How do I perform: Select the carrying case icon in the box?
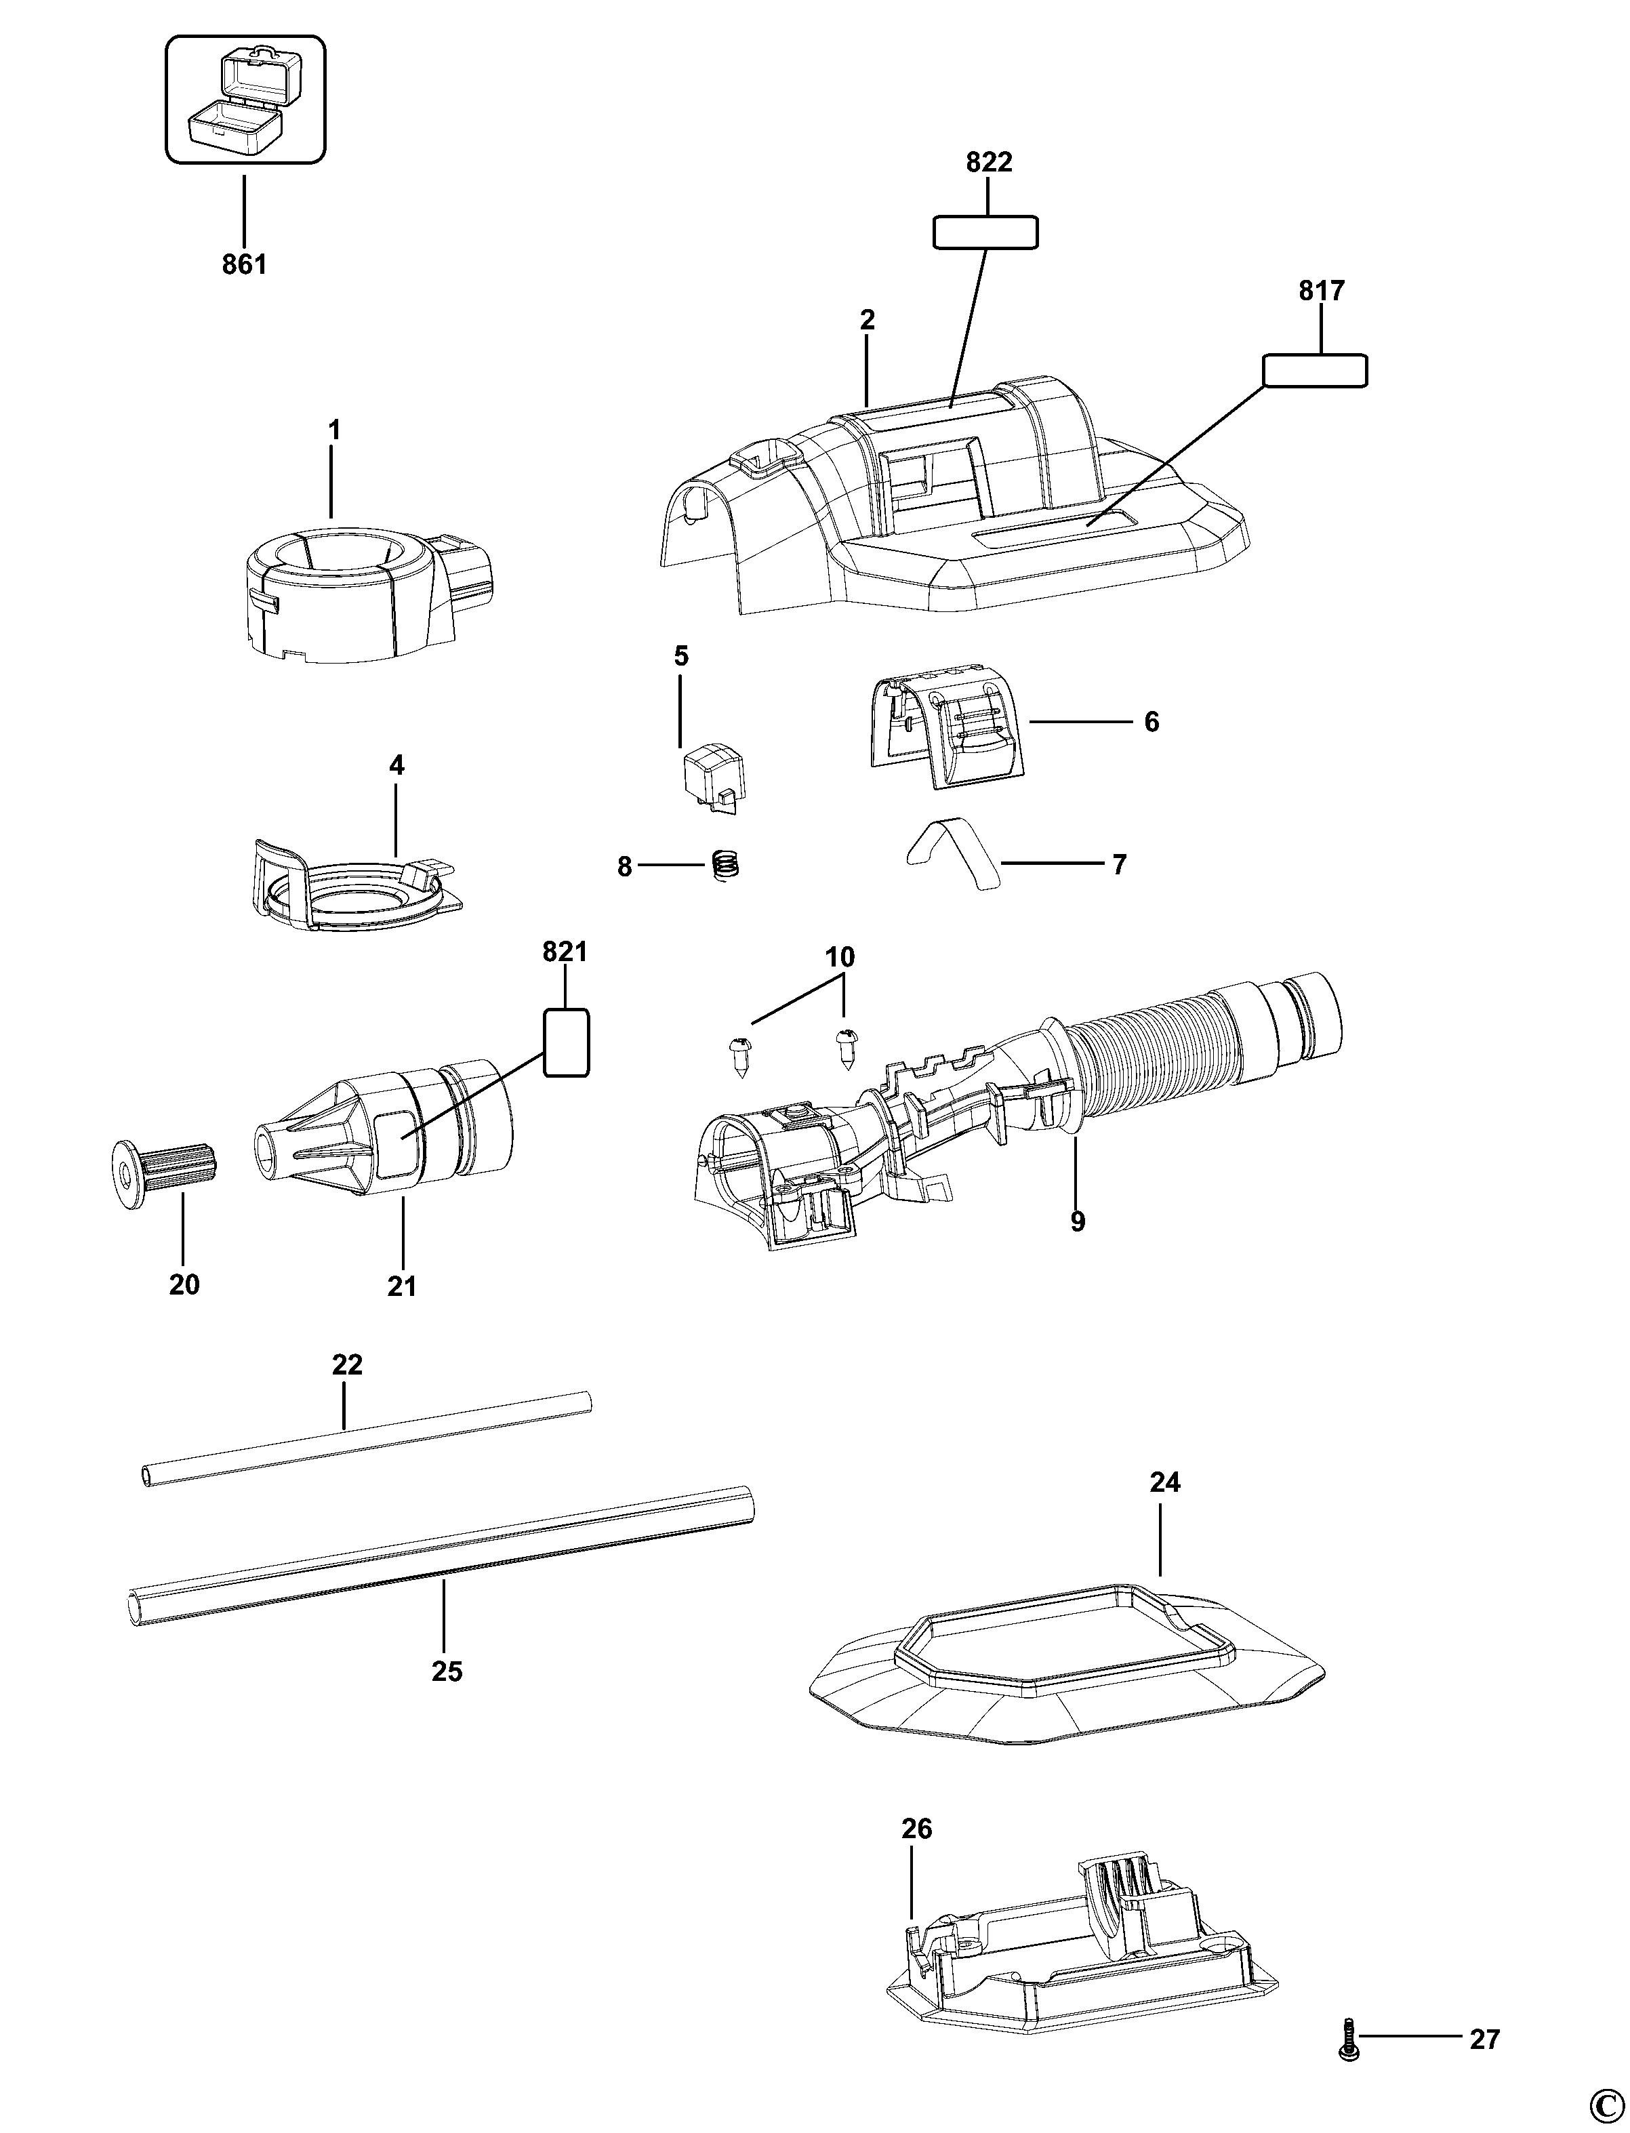(x=245, y=99)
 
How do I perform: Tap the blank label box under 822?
(x=985, y=233)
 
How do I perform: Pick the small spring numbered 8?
(x=727, y=863)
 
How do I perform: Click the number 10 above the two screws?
(x=840, y=957)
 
